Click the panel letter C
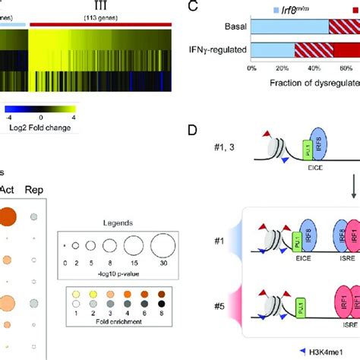click(191, 11)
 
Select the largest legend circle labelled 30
click(162, 247)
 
